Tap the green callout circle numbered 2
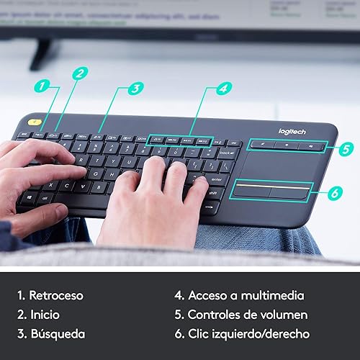pos(80,72)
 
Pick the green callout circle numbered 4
pos(224,89)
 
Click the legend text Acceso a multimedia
pos(239,295)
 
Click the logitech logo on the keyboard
pos(292,131)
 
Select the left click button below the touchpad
pos(251,191)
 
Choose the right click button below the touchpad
pos(291,192)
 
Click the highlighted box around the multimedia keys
pos(181,140)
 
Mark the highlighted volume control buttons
pos(285,145)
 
